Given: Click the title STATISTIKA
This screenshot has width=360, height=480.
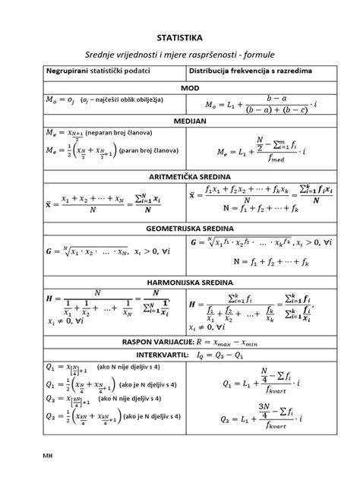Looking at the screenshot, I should [180, 36].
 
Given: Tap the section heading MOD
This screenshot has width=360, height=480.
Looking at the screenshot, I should [180, 88].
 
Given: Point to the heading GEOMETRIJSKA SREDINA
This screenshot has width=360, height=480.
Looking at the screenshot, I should [180, 227].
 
